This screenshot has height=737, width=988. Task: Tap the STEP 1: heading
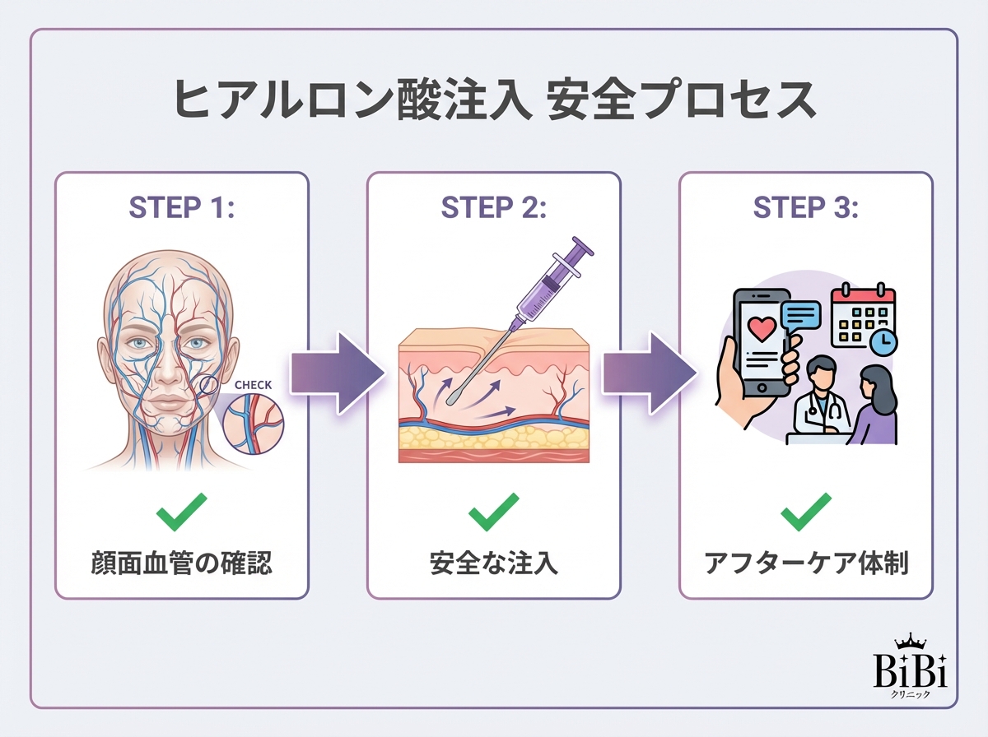pos(182,208)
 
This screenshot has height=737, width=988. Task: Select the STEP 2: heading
pos(493,208)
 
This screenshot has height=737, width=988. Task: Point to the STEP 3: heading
pos(805,208)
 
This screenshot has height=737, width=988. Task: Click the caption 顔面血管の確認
pos(181,564)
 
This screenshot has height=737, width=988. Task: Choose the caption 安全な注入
pos(493,564)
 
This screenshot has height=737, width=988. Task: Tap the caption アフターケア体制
pos(805,564)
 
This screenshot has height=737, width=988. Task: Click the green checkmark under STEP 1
pos(181,513)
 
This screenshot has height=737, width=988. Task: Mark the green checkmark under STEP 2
pos(493,513)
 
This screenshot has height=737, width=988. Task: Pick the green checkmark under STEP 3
pos(805,513)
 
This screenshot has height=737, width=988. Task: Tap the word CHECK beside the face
pos(253,385)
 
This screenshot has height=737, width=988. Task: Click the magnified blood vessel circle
pos(254,423)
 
